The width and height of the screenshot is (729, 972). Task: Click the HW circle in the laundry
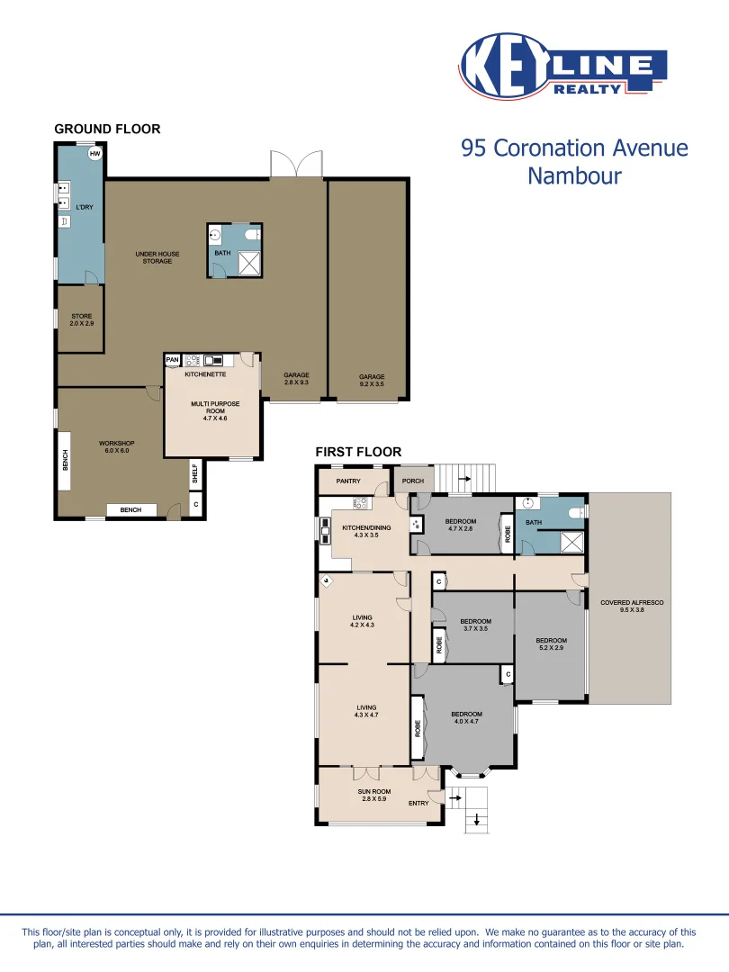[94, 154]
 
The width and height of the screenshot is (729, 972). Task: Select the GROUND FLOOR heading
[107, 129]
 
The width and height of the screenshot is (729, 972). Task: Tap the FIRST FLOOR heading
[358, 452]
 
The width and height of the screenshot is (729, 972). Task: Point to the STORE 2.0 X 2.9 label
[81, 319]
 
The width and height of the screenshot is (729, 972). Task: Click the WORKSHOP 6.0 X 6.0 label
[116, 446]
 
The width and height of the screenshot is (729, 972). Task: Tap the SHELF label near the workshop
[194, 474]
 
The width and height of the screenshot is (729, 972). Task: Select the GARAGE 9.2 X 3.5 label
[372, 380]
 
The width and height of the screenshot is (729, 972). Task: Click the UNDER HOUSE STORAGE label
[157, 257]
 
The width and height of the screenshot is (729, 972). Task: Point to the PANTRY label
[347, 481]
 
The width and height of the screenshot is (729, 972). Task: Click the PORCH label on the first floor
[413, 481]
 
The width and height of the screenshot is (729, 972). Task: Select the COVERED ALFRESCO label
[631, 606]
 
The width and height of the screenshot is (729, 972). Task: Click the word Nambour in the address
[574, 175]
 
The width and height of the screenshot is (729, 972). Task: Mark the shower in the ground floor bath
[248, 262]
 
